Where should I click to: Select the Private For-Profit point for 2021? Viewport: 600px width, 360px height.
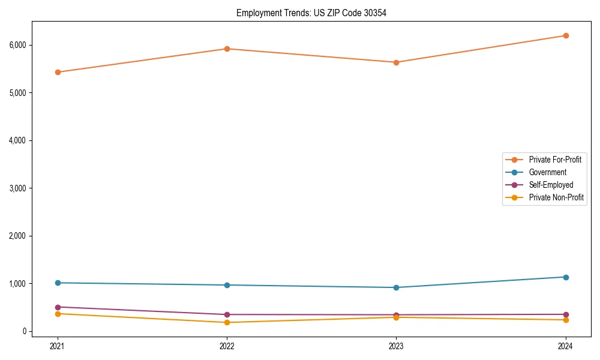(x=58, y=72)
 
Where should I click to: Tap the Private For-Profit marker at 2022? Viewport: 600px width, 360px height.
(x=227, y=49)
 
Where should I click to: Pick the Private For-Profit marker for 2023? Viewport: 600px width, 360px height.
(x=396, y=62)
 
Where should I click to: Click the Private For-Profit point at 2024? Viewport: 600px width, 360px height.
(x=566, y=35)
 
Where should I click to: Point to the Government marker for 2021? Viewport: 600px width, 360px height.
(x=58, y=283)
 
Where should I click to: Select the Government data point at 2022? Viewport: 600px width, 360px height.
(x=227, y=285)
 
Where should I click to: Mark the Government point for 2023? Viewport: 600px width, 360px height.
(x=396, y=287)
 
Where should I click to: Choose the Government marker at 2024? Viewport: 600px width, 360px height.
(x=566, y=277)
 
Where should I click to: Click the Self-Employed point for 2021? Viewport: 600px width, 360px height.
(x=58, y=307)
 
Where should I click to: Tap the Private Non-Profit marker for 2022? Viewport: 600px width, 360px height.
(x=227, y=322)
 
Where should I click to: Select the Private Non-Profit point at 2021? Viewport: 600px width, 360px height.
(x=58, y=314)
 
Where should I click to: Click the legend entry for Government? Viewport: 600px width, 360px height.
(x=547, y=172)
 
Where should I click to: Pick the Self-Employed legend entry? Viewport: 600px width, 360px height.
(x=551, y=185)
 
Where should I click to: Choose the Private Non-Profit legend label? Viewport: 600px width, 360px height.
(x=556, y=197)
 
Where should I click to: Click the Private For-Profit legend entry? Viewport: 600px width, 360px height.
(x=555, y=160)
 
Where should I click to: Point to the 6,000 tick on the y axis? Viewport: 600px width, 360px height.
(x=17, y=45)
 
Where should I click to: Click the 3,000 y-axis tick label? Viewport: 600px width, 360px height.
(x=17, y=188)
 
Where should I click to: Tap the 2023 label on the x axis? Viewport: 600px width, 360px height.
(x=396, y=346)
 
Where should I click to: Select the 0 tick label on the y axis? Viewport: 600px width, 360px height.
(x=24, y=331)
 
